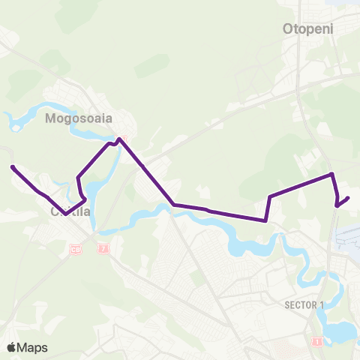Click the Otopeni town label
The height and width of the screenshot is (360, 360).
pyautogui.click(x=307, y=29)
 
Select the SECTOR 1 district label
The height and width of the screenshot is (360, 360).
pyautogui.click(x=304, y=304)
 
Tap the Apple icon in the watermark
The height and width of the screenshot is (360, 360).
pyautogui.click(x=11, y=346)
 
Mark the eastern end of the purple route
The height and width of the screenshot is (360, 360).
pyautogui.click(x=349, y=198)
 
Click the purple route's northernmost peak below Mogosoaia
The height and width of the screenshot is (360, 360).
pyautogui.click(x=119, y=139)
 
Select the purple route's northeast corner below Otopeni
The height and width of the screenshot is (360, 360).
pyautogui.click(x=331, y=175)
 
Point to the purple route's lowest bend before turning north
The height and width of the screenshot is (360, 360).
pyautogui.click(x=265, y=220)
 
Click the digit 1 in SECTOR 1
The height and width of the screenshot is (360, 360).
pyautogui.click(x=322, y=304)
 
